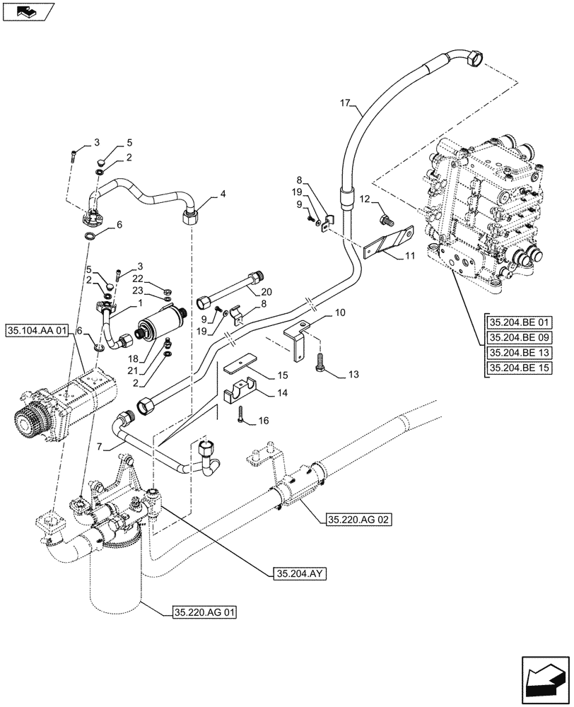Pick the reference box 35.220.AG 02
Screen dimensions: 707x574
(358, 520)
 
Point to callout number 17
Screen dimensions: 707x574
(346, 104)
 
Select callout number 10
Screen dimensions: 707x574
(340, 312)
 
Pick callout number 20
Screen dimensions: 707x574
(265, 291)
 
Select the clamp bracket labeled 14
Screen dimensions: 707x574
(239, 393)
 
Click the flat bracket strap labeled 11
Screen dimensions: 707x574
(388, 241)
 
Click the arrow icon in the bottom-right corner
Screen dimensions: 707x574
(545, 673)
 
